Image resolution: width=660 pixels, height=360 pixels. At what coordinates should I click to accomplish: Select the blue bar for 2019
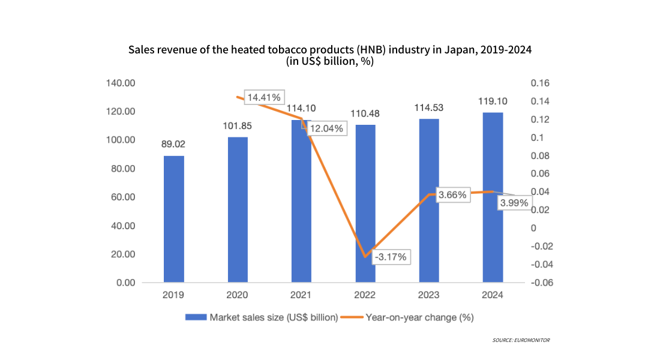[x=174, y=219]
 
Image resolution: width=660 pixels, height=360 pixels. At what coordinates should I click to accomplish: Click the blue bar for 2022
[x=365, y=204]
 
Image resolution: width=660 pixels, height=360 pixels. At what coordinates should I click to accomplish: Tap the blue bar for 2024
[x=493, y=197]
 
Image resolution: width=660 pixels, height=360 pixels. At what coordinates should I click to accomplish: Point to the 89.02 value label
[x=174, y=145]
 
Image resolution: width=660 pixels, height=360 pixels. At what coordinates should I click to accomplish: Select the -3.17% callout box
[x=391, y=257]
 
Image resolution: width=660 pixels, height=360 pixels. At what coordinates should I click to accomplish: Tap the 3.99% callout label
[x=514, y=203]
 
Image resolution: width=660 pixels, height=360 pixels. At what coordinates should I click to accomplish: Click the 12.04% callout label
[x=326, y=128]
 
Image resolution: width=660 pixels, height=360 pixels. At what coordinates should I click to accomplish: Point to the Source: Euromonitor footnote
[x=521, y=340]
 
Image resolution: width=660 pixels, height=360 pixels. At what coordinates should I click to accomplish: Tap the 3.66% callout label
[x=452, y=195]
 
